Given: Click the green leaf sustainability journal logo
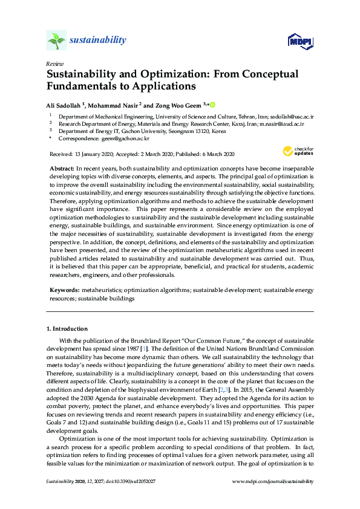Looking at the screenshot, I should tap(56, 41).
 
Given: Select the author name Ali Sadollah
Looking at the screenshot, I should tap(64, 105).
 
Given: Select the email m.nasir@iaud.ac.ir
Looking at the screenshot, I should tap(281, 123).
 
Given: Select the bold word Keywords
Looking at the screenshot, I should tap(64, 291).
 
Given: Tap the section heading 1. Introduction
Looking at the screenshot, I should tap(67, 329).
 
